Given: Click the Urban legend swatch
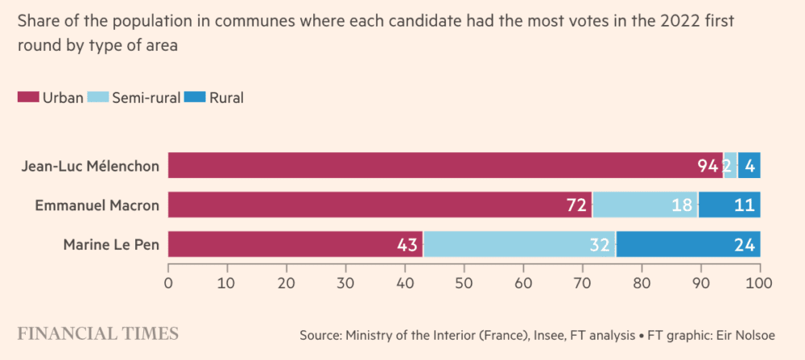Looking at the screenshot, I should (x=28, y=98).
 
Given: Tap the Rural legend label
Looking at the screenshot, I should (x=226, y=98).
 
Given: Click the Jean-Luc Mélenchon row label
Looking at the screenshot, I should (x=91, y=167).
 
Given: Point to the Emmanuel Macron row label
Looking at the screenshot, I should (x=97, y=205).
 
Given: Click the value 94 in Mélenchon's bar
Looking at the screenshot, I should (x=708, y=166).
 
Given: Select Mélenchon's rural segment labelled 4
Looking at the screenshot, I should (x=749, y=166).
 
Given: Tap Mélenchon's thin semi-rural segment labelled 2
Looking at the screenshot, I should (x=729, y=166).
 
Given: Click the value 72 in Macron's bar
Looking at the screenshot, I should (x=576, y=205).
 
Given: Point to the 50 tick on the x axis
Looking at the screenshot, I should (x=464, y=283).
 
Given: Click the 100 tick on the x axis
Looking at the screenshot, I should (x=759, y=283).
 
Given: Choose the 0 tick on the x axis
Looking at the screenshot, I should (x=168, y=283).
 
